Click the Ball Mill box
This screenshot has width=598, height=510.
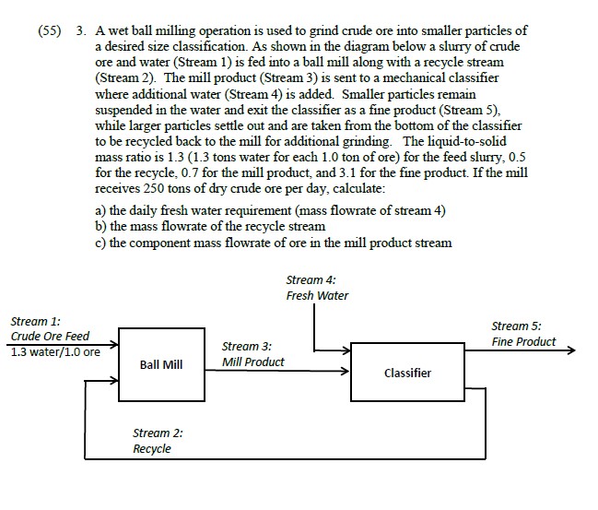[x=161, y=365]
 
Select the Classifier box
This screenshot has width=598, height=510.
[x=406, y=373]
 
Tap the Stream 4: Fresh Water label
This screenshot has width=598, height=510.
[x=317, y=287]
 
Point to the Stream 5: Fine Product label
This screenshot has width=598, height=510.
[x=523, y=334]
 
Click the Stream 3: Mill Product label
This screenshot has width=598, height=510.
[x=252, y=354]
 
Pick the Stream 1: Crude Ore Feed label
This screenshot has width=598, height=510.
[x=50, y=328]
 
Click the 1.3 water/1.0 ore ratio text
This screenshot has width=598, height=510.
[x=55, y=351]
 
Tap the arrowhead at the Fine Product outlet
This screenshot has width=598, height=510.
[x=569, y=351]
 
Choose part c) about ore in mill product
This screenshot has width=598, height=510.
[x=274, y=242]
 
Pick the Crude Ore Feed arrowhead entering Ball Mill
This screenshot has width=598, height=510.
[x=114, y=351]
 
